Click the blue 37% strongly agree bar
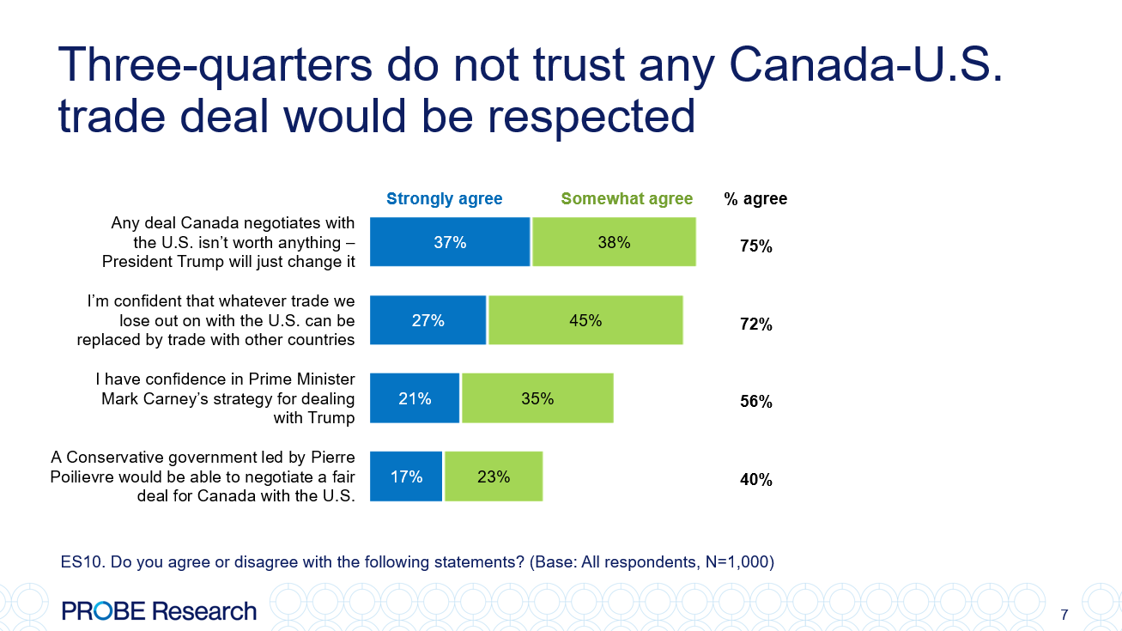[450, 242]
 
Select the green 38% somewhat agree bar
[614, 242]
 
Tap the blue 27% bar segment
[428, 320]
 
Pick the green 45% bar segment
[585, 320]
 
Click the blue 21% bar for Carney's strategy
[415, 398]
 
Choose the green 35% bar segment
[537, 398]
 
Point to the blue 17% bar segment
[406, 476]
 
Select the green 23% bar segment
[494, 476]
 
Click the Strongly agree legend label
[444, 199]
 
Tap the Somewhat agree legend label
[627, 199]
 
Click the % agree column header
[755, 199]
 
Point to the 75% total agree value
[756, 247]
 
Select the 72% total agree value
[756, 325]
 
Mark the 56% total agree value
[756, 402]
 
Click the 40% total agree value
[756, 480]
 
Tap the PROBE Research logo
[159, 611]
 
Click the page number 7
[1064, 615]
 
